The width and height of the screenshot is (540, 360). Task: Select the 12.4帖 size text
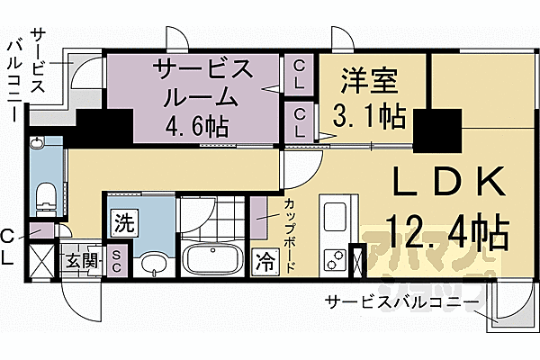(447, 234)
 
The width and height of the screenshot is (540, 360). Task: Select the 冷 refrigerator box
(265, 263)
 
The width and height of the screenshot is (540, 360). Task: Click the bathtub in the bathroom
(213, 262)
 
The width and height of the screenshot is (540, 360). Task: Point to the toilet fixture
(44, 196)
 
